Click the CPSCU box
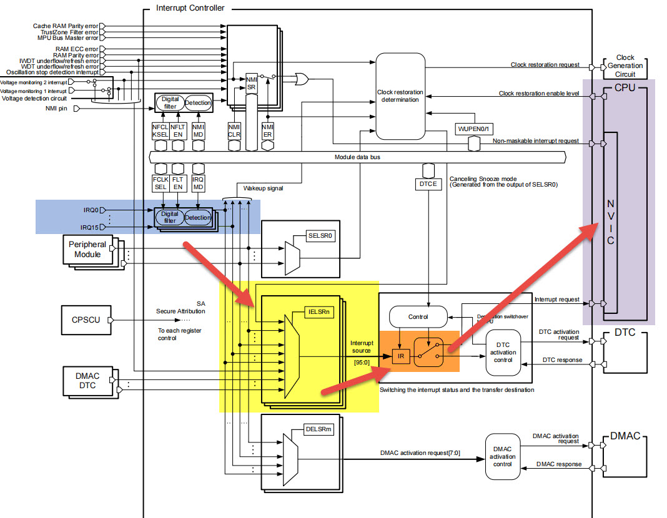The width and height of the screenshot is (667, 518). click(84, 320)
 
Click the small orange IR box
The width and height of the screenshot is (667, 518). click(400, 357)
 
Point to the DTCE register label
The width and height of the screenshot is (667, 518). click(428, 184)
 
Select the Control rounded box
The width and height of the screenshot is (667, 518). click(418, 316)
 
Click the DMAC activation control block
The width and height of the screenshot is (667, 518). click(503, 456)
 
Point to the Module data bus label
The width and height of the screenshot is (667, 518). click(357, 157)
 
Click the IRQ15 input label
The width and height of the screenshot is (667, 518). click(89, 227)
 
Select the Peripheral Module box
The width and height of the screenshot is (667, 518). click(87, 250)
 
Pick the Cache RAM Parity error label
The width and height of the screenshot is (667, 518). click(66, 26)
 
